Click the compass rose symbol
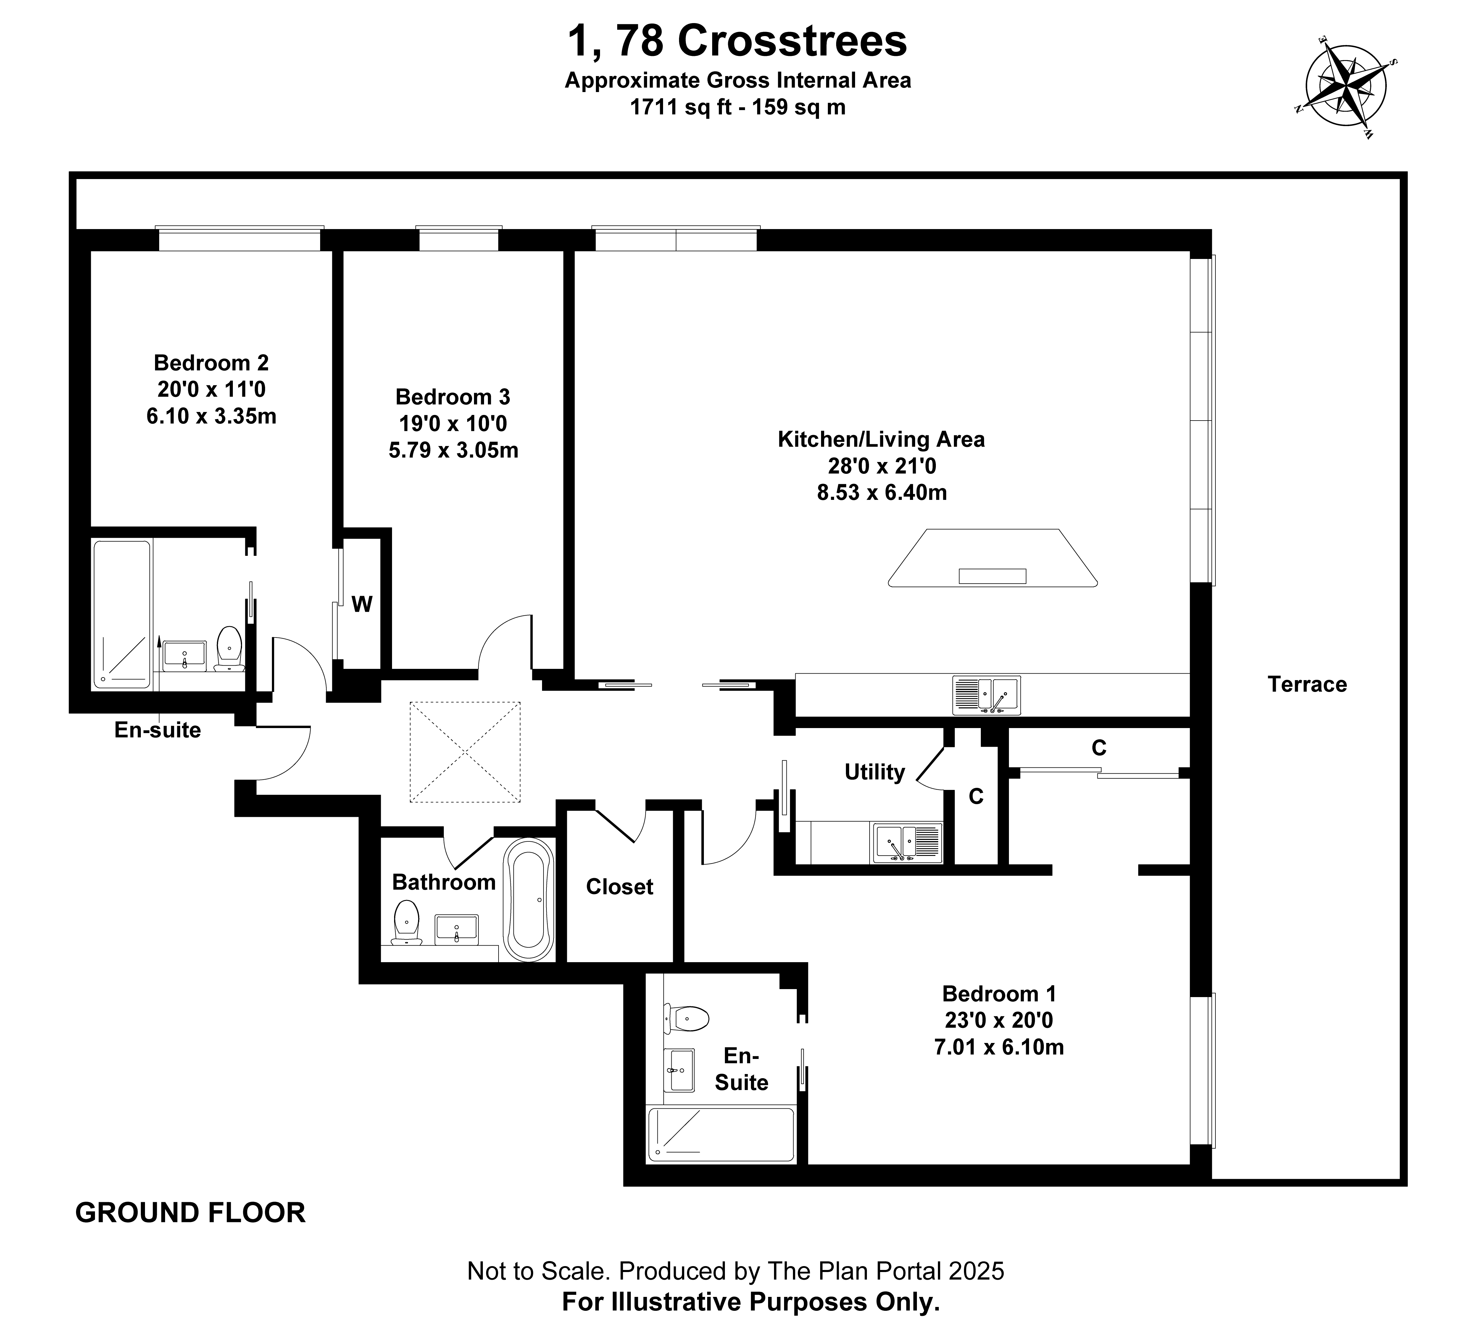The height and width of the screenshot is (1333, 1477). pos(1346,93)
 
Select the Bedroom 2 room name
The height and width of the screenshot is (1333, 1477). pos(211,363)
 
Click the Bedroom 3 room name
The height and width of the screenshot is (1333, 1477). pos(453,397)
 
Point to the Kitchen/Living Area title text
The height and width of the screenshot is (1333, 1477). pos(881,439)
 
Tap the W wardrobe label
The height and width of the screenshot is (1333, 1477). pos(362,604)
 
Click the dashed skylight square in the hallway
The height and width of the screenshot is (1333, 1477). pos(465,751)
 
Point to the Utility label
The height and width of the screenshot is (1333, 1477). pos(874,772)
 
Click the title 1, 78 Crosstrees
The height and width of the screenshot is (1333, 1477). pos(737,41)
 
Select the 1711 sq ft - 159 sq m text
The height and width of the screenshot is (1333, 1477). pos(737,107)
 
